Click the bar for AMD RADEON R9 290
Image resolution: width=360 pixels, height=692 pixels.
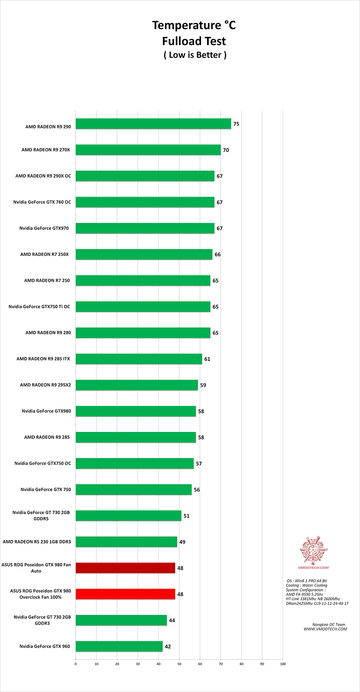[x=153, y=124]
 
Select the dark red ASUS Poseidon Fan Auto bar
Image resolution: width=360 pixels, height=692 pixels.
[x=125, y=568]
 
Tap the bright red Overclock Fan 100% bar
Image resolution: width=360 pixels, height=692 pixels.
[x=125, y=594]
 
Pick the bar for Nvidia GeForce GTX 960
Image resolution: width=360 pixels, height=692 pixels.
[x=119, y=646]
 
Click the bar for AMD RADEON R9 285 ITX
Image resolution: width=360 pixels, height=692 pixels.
[x=139, y=359]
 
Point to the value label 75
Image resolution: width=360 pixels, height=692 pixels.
[x=236, y=124]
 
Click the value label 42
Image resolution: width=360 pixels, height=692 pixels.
[x=168, y=647]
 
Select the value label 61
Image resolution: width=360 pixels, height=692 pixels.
[x=207, y=359]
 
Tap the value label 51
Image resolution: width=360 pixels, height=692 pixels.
[x=186, y=516]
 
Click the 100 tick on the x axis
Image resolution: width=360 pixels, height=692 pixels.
[x=283, y=664]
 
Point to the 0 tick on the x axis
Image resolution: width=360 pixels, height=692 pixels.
[x=76, y=664]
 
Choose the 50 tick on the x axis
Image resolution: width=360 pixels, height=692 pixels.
[x=179, y=664]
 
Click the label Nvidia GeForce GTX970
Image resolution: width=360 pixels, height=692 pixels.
[x=44, y=228]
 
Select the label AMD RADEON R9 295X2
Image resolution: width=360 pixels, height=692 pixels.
[x=45, y=385]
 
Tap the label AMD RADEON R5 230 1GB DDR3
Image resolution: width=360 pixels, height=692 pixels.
[x=37, y=542]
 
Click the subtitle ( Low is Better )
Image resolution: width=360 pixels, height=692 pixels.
[x=195, y=55]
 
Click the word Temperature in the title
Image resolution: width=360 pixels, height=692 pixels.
[x=187, y=25]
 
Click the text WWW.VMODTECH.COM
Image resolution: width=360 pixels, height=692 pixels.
[x=325, y=629]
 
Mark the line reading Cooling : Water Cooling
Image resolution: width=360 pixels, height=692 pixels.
[x=306, y=585]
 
